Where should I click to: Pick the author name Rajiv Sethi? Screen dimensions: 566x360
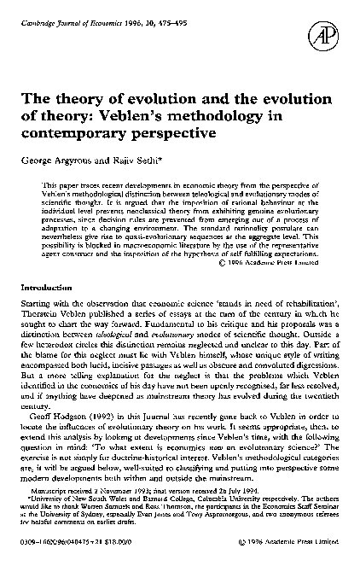[129, 160]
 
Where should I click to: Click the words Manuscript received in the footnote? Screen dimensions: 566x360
[67, 491]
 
